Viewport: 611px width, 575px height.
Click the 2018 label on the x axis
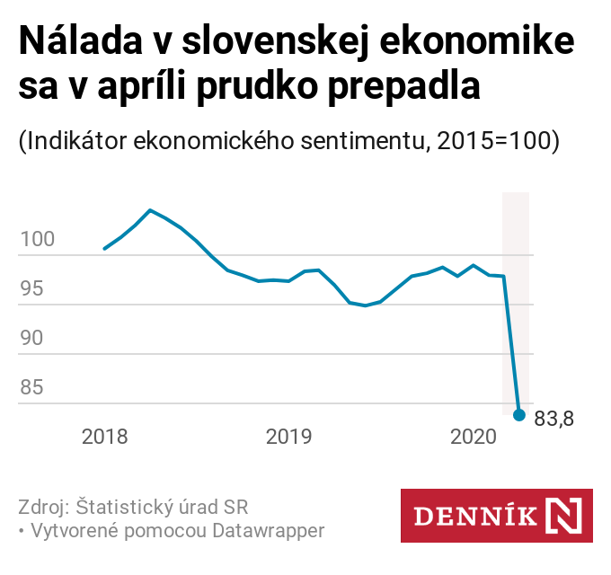pos(105,438)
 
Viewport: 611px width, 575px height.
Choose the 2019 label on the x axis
pos(288,438)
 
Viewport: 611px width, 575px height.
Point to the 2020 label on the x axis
pos(473,438)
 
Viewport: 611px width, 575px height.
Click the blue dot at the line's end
pos(518,414)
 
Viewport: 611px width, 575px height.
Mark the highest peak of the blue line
pos(150,210)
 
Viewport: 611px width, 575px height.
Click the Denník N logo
pos(496,516)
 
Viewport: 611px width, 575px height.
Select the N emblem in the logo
pos(563,516)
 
